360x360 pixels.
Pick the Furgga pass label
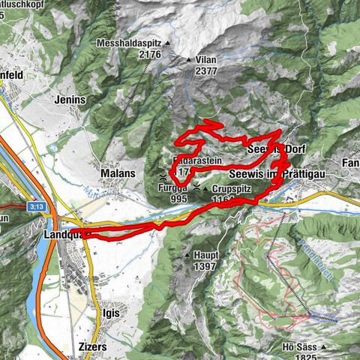(172, 188)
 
